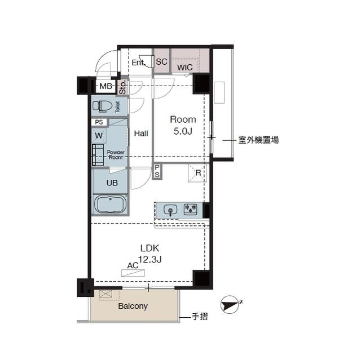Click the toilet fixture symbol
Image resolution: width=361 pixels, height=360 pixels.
[103, 106]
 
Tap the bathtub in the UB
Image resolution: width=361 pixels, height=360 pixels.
[111, 204]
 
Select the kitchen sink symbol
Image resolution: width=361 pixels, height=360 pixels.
[170, 210]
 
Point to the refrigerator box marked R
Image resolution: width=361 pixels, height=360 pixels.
[197, 173]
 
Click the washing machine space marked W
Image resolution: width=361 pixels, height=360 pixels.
[99, 135]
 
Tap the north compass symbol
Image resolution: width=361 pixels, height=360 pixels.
[231, 305]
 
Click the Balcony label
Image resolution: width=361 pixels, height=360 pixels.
[133, 306]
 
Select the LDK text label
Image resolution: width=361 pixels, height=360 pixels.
[149, 248]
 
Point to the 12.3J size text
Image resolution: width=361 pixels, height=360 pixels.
[149, 260]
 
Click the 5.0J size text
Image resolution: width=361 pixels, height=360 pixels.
[183, 131]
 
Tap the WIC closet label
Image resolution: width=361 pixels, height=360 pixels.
[185, 68]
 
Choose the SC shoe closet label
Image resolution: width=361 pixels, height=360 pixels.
[161, 61]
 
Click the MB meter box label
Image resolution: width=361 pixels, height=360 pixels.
[106, 86]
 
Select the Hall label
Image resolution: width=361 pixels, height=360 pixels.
[141, 134]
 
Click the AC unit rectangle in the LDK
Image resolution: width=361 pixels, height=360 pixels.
[133, 273]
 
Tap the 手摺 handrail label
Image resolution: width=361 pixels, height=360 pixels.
[200, 317]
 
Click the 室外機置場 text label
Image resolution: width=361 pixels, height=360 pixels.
[258, 140]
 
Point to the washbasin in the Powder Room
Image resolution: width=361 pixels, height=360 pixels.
[98, 155]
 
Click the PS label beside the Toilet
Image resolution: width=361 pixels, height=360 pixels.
[99, 122]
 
